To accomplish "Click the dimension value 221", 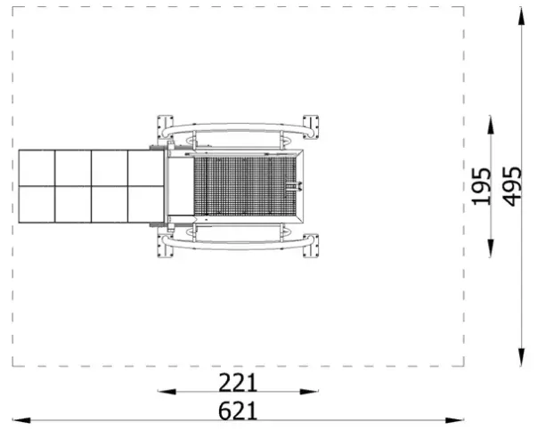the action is tap(238, 383).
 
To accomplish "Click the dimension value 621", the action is tap(238, 410).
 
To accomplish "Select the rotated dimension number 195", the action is tap(481, 187).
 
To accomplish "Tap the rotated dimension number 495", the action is tap(512, 187).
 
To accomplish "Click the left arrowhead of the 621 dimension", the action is tap(21, 420).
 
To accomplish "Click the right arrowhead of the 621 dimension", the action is tap(455, 420).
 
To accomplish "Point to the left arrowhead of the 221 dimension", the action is tap(167, 392).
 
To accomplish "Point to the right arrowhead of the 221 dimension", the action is tap(309, 392).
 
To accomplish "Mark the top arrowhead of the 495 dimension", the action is tap(521, 16).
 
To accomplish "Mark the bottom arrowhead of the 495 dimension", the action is tap(521, 357).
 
